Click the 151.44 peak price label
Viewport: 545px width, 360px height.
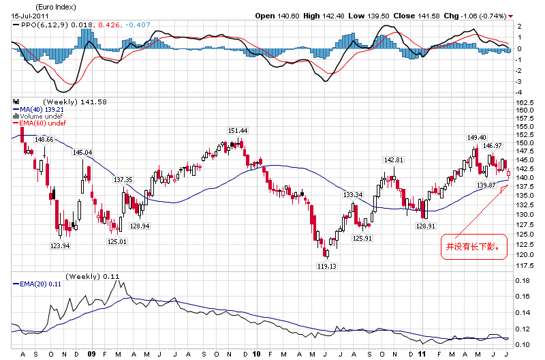coord(238,130)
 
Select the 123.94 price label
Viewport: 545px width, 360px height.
coord(60,245)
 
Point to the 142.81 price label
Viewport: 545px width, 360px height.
coord(394,160)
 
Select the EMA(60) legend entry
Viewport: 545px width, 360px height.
coord(41,123)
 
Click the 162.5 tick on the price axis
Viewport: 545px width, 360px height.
coord(525,102)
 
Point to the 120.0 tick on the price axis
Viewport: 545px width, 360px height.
coord(525,254)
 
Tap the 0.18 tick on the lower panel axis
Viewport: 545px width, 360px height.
coord(523,280)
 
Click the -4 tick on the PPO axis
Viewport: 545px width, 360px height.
coord(519,91)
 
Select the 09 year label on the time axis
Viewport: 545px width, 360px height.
coord(91,354)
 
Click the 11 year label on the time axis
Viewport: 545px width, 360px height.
coord(422,354)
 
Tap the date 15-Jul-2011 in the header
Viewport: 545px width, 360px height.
coord(28,15)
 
